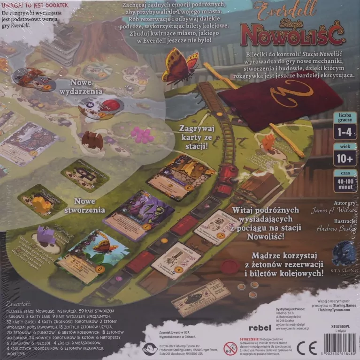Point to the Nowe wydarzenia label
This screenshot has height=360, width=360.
click(77, 86)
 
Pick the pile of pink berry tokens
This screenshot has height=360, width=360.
click(142, 135)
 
